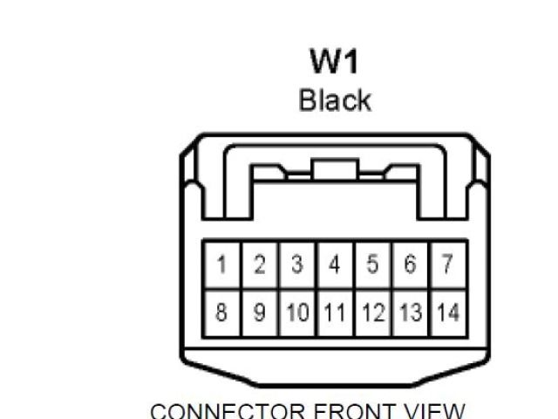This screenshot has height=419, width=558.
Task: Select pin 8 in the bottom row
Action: tap(222, 312)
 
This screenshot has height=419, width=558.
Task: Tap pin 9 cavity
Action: tap(260, 312)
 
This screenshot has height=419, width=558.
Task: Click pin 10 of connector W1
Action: tap(297, 312)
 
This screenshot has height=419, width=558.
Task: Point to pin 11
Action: tap(335, 312)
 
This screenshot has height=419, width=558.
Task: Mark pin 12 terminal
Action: tap(372, 312)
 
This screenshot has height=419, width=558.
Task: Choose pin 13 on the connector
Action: tap(410, 312)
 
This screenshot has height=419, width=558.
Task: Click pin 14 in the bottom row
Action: tap(447, 312)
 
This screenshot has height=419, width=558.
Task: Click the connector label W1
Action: tap(334, 62)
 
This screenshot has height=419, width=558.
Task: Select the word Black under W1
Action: tap(335, 100)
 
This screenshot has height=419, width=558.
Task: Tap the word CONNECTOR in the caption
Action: tap(229, 411)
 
